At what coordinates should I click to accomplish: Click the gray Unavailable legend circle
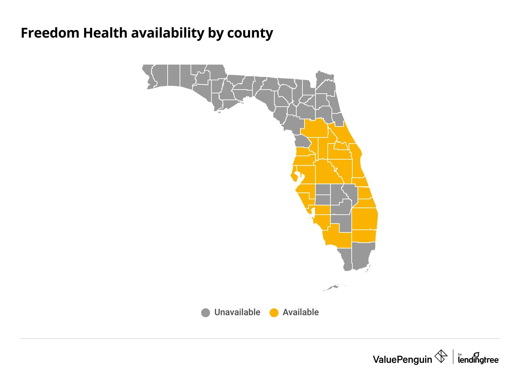tap(206, 312)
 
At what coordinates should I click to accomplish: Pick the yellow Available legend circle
tap(274, 312)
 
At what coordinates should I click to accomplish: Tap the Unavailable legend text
tap(237, 312)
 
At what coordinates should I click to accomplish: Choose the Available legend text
tap(301, 312)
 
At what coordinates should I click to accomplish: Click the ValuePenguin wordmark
tap(402, 359)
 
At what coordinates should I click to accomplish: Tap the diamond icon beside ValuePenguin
tap(441, 357)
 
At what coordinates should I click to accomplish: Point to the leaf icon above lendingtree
tap(476, 355)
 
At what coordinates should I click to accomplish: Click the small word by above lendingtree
tap(460, 354)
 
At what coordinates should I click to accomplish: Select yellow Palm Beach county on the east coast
tap(365, 219)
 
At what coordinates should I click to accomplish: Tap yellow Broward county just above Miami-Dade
tap(364, 236)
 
